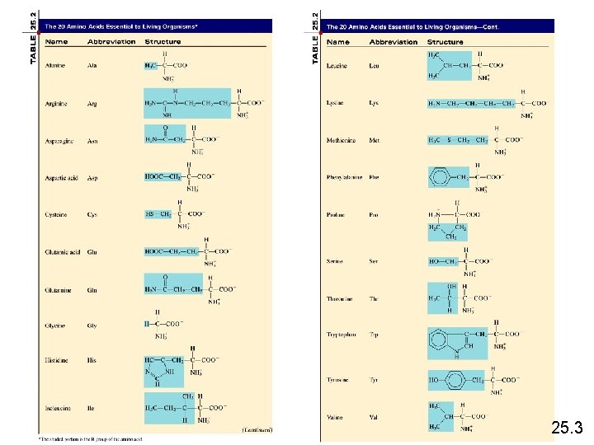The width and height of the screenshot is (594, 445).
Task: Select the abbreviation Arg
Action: (92, 103)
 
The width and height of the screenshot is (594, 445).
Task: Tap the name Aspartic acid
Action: (59, 177)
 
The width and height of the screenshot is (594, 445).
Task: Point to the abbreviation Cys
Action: (92, 215)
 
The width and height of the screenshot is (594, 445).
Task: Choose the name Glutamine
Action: (58, 290)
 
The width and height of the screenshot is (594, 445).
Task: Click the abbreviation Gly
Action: (92, 326)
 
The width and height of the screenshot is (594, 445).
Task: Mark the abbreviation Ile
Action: (91, 407)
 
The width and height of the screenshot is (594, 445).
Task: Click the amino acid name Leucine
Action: (337, 65)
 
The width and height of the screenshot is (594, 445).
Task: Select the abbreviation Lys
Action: (374, 103)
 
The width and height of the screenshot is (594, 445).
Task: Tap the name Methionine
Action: (341, 140)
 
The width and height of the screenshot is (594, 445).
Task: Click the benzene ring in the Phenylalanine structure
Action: (440, 177)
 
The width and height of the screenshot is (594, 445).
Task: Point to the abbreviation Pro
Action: (374, 215)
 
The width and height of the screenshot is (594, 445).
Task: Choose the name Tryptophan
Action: (342, 335)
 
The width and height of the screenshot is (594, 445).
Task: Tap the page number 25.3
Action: (567, 428)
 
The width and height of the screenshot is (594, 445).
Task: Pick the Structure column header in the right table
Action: (445, 42)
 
